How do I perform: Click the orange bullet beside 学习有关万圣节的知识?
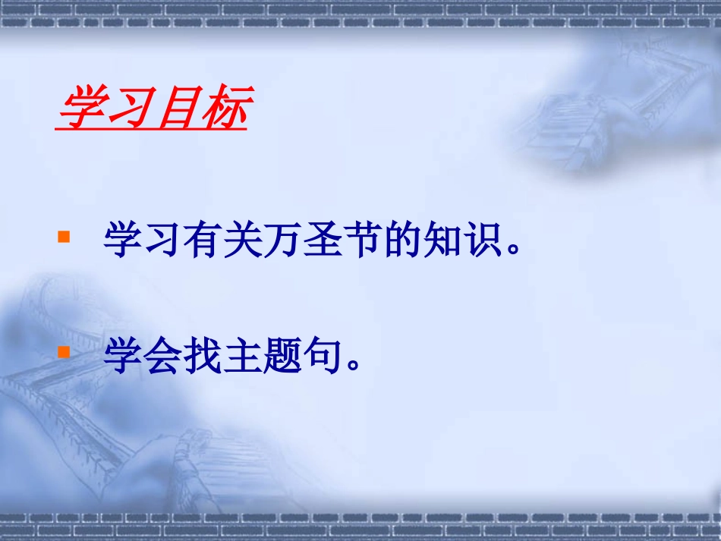[65, 237]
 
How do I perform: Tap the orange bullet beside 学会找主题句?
[65, 352]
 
